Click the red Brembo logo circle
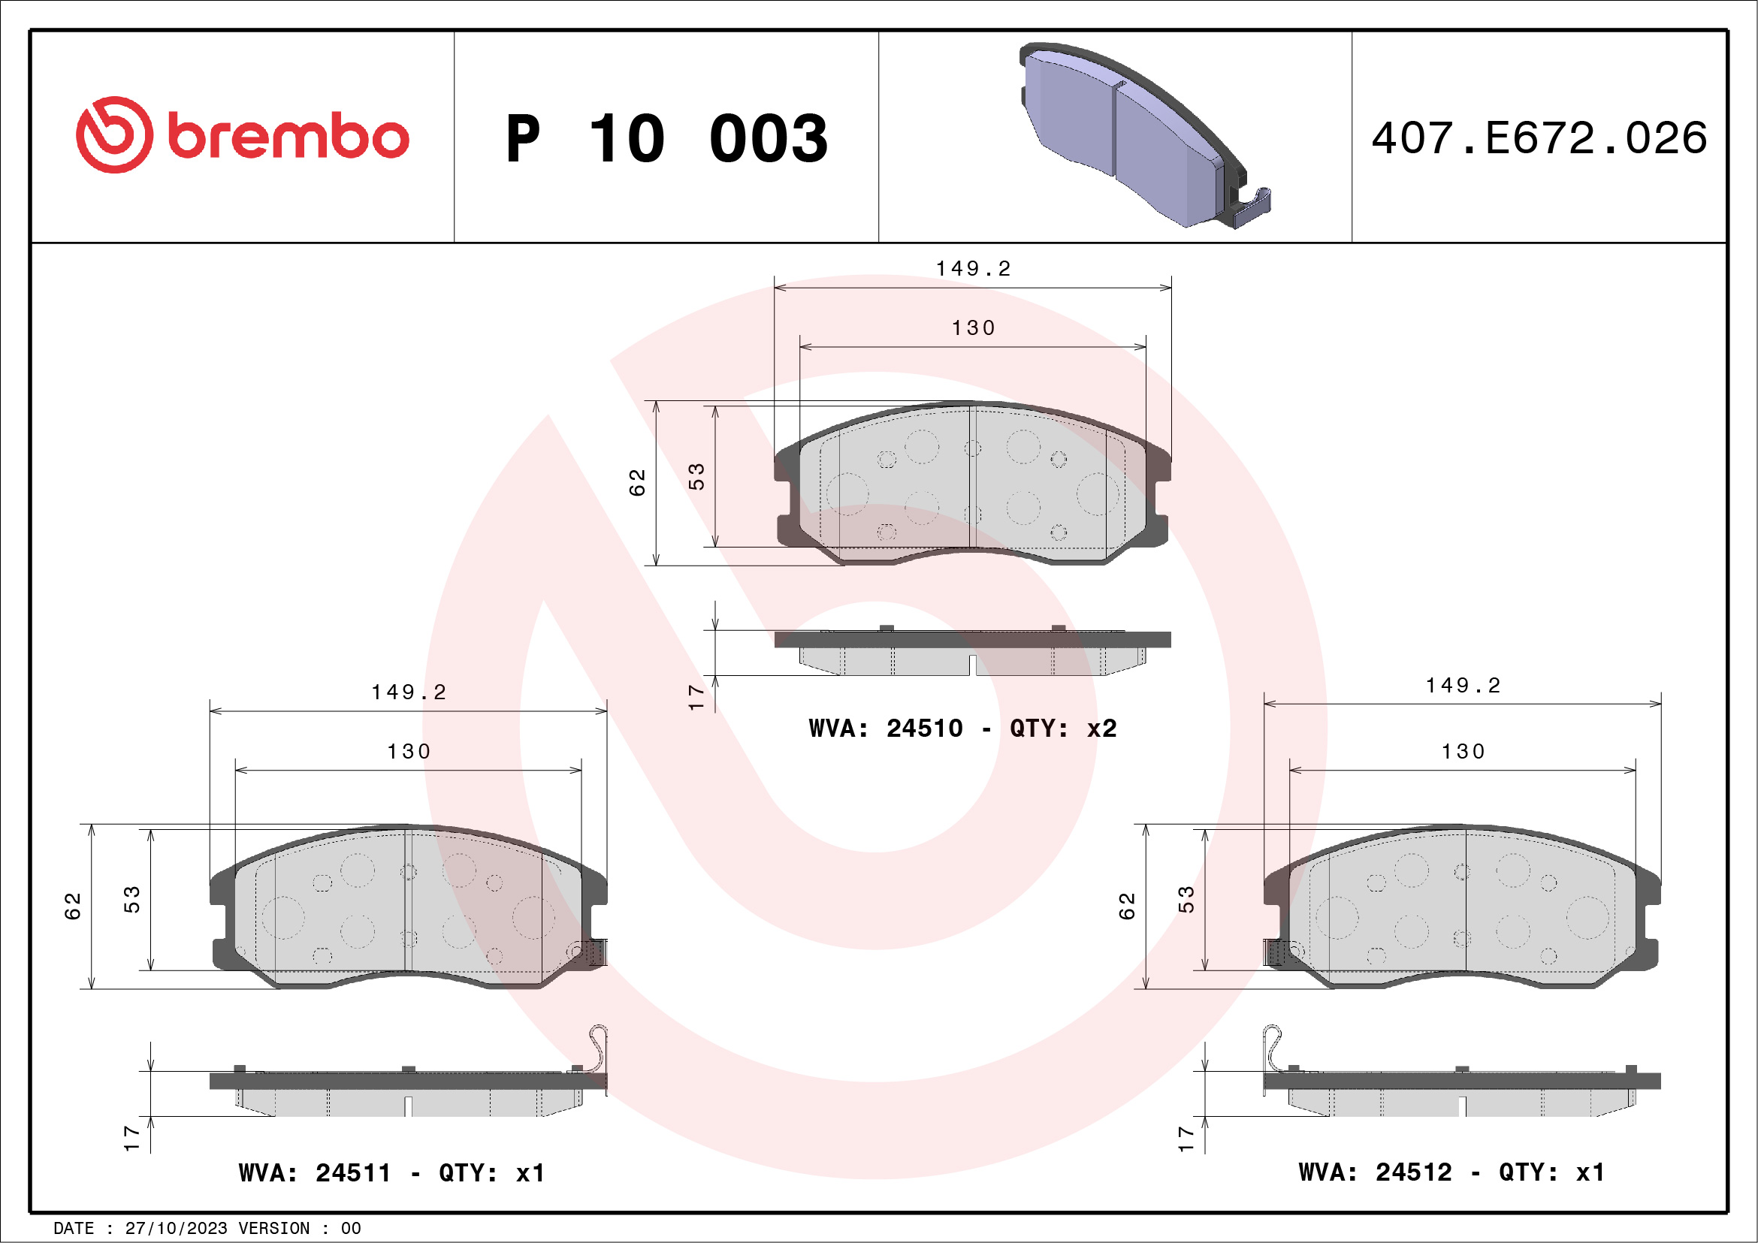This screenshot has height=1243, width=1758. coord(114,134)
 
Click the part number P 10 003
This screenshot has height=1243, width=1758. coord(666,138)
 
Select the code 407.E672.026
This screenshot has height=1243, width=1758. coord(1539,138)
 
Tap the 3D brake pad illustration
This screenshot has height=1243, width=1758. coord(1141,134)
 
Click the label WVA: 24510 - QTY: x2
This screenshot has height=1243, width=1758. coord(962,728)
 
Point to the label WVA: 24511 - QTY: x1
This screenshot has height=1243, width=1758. coord(391,1172)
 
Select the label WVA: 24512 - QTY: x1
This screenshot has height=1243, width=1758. coord(1451,1172)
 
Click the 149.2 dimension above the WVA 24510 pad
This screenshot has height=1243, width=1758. coord(973,269)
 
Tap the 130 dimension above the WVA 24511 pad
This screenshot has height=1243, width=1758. coord(409,752)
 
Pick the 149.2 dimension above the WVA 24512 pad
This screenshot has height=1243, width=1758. coord(1463,686)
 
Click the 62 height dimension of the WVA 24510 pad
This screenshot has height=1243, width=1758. coord(638,482)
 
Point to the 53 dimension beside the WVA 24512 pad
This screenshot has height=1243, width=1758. coord(1186,899)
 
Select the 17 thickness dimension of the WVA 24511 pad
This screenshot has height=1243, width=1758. coord(132,1138)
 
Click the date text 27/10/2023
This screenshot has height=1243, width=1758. coord(176,1229)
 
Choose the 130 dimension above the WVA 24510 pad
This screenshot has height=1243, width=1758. coord(973,328)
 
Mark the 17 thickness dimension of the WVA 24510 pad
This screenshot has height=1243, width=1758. coord(696,697)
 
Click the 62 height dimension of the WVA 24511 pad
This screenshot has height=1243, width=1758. coord(73,907)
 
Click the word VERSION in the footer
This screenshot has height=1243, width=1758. coord(274,1229)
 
